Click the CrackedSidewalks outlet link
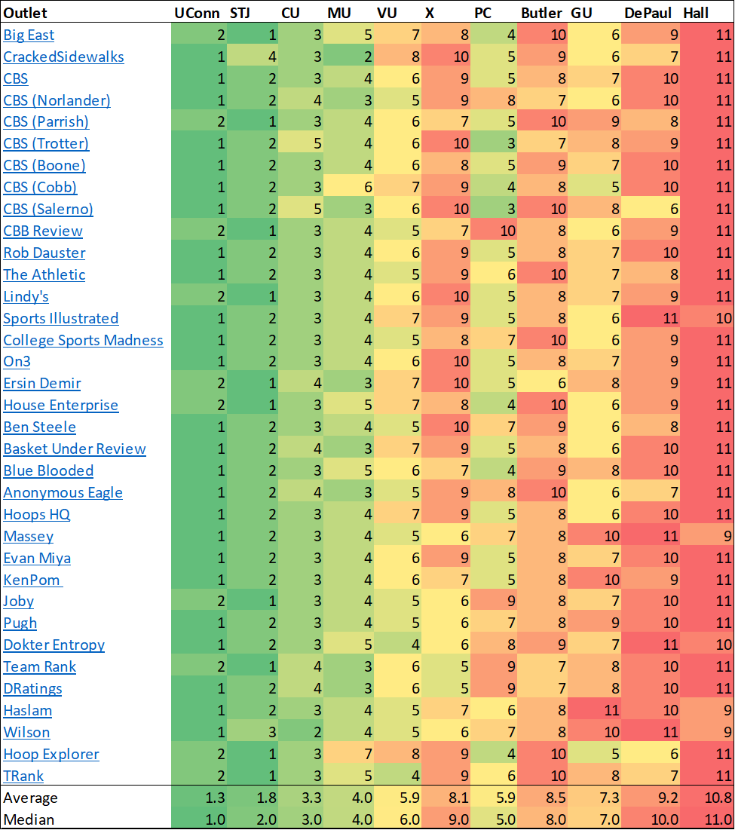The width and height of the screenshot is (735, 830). point(63,57)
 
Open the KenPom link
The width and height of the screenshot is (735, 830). point(32,580)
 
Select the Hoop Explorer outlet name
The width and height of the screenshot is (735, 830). point(51,755)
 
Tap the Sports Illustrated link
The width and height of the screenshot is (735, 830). point(60,318)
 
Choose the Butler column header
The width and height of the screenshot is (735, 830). point(541,12)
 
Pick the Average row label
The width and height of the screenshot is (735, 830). point(30,798)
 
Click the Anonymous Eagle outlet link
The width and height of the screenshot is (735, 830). point(63,492)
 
